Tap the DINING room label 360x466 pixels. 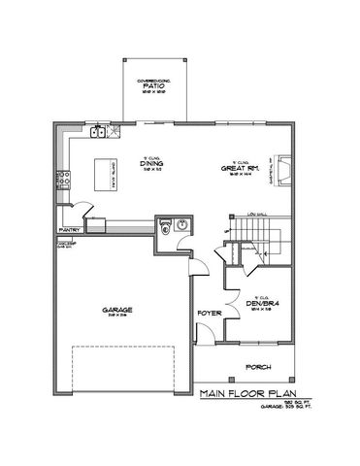150,166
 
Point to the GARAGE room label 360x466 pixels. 115,312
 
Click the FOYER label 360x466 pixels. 206,315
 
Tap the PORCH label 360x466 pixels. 257,367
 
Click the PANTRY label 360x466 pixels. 68,230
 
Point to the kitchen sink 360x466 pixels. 99,132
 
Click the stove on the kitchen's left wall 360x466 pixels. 64,180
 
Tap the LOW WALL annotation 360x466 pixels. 256,213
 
